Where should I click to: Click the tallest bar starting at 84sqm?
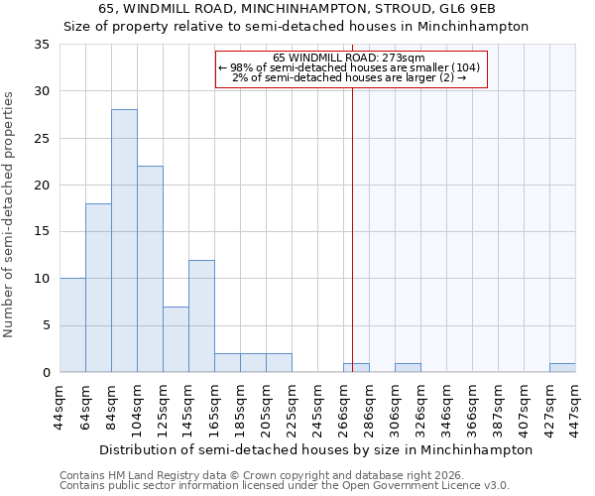[x=124, y=241]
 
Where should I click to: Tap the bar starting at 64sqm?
[x=98, y=288]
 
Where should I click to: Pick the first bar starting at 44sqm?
[x=72, y=325]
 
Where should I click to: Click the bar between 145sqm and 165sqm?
[x=201, y=315]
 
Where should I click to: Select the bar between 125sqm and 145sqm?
[x=176, y=339]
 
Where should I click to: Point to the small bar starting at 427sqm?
[x=562, y=368]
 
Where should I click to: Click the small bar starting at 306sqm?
[x=408, y=368]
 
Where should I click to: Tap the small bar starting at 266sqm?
[x=356, y=368]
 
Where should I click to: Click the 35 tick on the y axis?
[x=42, y=45]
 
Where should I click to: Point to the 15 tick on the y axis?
[x=42, y=232]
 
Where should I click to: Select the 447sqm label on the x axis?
[x=576, y=407]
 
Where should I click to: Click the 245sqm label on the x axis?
[x=318, y=407]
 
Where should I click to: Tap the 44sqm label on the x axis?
[x=60, y=407]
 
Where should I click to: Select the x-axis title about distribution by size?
[x=317, y=449]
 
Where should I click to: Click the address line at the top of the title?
[x=297, y=8]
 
